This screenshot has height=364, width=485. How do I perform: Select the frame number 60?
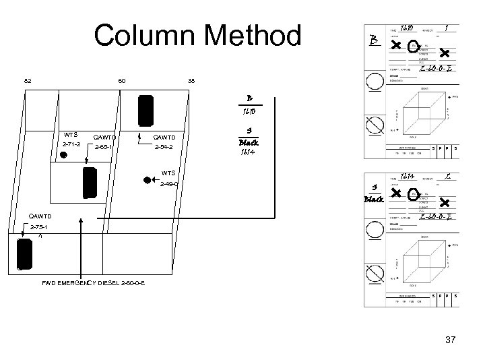point(121,82)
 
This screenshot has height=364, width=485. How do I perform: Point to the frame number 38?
point(191,82)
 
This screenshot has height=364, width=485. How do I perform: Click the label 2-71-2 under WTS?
point(71,145)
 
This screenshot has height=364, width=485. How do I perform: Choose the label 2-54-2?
point(164,146)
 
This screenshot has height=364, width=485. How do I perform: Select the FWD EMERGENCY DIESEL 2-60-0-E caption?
point(94,282)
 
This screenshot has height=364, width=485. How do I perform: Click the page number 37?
point(451,340)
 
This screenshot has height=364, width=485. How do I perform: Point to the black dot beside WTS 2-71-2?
point(63,155)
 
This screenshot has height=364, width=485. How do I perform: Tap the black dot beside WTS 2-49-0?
point(146,180)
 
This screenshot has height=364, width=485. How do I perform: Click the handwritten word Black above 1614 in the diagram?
point(249,144)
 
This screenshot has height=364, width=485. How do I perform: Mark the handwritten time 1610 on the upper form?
point(406,29)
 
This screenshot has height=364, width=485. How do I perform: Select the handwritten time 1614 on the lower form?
point(406,177)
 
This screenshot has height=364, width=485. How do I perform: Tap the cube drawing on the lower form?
point(422,260)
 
